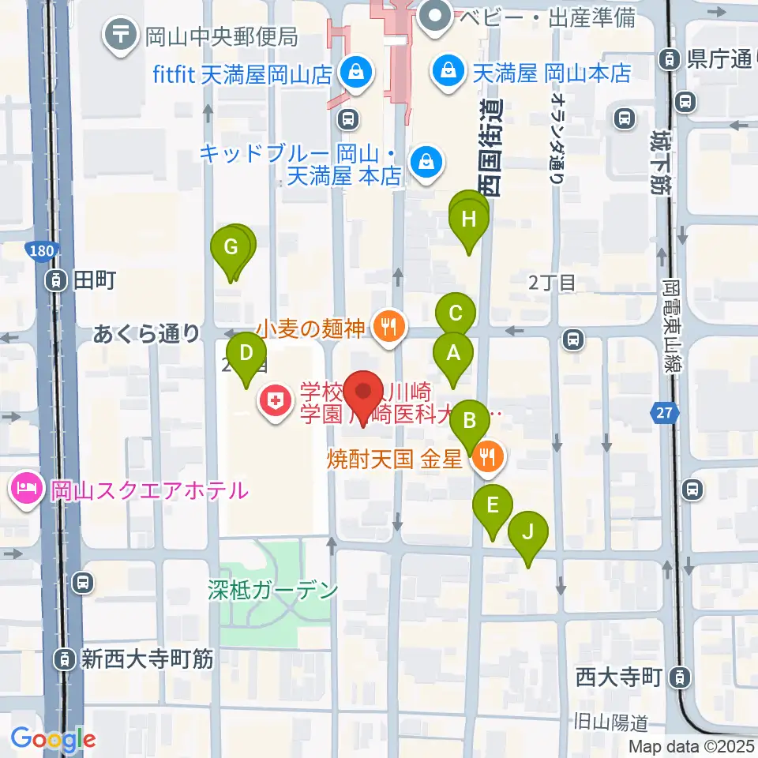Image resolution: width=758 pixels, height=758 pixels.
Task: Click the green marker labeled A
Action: [x=453, y=354]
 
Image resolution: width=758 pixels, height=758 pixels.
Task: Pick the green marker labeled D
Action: [x=246, y=353]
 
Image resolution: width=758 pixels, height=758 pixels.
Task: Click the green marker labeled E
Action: [x=493, y=505]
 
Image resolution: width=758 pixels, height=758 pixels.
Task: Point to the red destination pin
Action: [x=364, y=392]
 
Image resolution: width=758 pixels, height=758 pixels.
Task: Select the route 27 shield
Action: [x=663, y=411]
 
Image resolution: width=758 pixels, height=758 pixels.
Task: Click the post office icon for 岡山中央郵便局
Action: [x=121, y=35]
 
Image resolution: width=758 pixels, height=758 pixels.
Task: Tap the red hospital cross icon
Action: [x=274, y=403]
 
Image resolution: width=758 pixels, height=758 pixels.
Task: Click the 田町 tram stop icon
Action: [x=57, y=280]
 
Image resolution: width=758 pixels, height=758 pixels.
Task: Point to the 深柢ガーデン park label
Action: [x=273, y=590]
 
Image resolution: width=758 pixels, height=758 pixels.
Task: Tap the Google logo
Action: [x=54, y=739]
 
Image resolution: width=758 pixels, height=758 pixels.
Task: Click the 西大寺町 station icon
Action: [x=678, y=677]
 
